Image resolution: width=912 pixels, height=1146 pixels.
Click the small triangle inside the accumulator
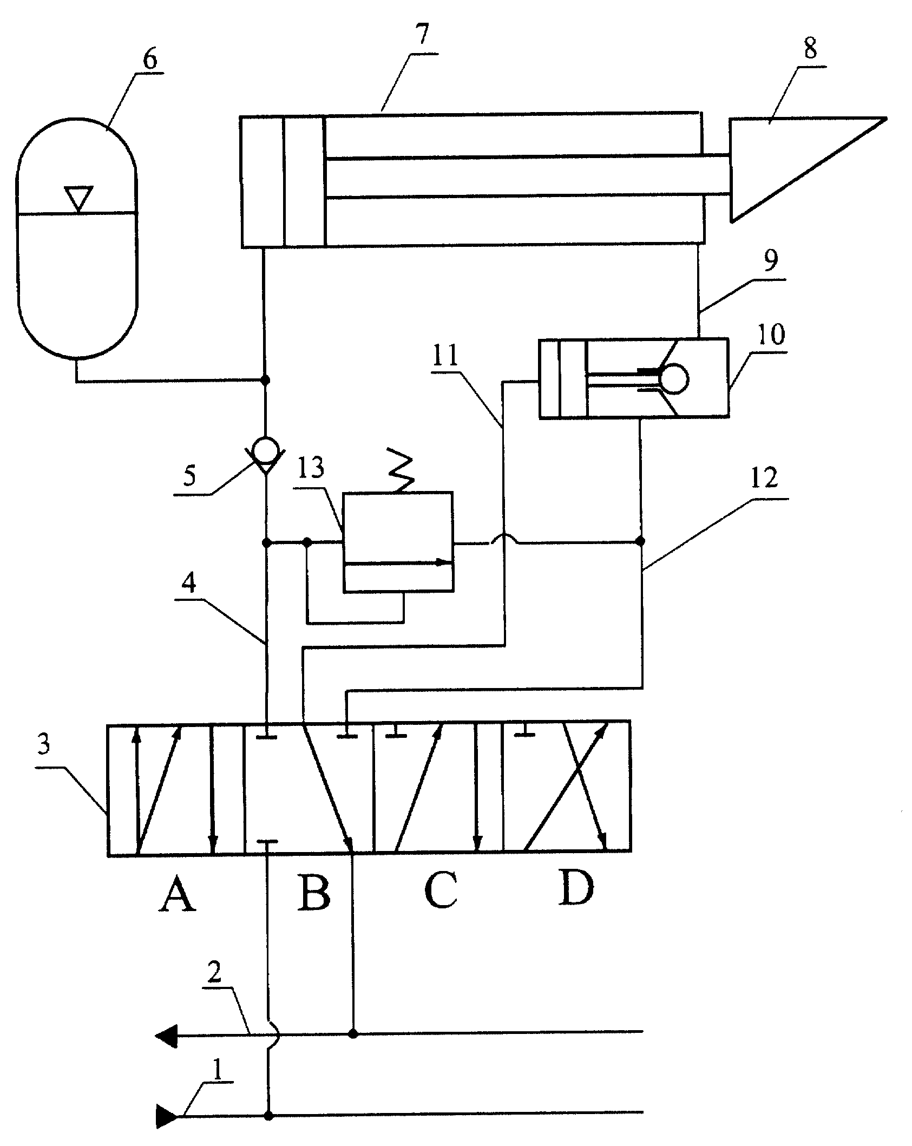78,198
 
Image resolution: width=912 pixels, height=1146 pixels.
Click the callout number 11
445,356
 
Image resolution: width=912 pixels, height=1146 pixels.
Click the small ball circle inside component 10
674,378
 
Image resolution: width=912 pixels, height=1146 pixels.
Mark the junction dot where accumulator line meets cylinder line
265,380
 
